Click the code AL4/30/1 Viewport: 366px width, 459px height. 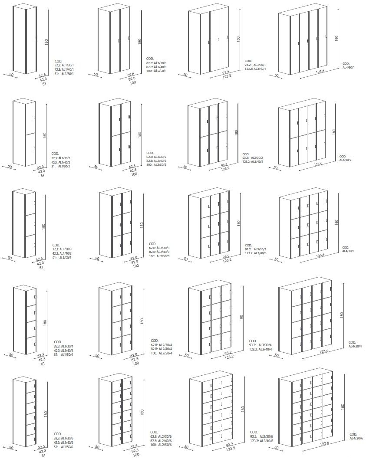point(349,67)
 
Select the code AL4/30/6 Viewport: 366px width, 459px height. point(356,438)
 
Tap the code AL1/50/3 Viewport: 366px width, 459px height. point(66,258)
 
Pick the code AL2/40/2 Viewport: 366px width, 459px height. point(160,161)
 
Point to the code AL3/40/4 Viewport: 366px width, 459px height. point(266,349)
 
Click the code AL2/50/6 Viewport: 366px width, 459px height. point(165,445)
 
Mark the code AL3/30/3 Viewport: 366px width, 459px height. point(260,249)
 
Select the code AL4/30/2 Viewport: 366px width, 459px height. point(346,160)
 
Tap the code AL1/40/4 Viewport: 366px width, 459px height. point(67,351)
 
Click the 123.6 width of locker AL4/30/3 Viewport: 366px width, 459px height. point(320,255)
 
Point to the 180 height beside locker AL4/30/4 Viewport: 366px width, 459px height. point(342,315)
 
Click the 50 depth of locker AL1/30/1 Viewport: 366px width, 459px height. point(11,75)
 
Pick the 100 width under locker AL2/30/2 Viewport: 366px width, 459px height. point(134,174)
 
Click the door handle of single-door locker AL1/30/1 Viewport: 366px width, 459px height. point(35,39)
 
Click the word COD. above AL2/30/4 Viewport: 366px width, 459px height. point(155,341)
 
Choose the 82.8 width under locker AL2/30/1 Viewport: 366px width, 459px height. point(132,79)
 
